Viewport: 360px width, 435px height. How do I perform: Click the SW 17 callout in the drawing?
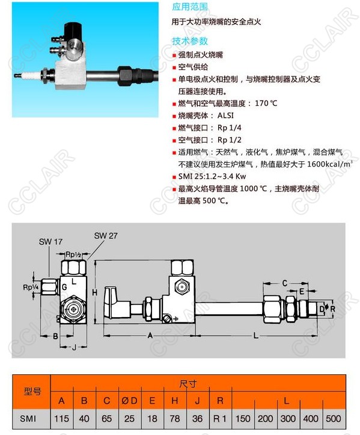tap(50, 242)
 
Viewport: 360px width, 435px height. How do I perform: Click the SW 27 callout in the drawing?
tap(106, 236)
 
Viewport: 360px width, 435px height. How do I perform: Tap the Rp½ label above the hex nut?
tap(73, 254)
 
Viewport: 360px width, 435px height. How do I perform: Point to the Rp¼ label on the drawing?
tap(31, 288)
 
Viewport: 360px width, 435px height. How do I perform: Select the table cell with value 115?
tap(61, 418)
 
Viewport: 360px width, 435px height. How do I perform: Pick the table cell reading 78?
tap(175, 418)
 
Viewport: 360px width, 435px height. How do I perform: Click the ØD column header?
tap(129, 401)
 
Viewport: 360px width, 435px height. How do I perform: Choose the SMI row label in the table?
tap(28, 418)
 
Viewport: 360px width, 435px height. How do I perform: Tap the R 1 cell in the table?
tap(220, 418)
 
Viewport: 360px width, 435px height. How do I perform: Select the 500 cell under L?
tap(333, 418)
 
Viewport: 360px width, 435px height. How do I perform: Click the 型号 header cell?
tap(32, 392)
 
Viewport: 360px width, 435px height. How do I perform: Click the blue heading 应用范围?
tap(189, 7)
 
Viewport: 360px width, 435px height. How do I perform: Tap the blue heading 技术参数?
tap(189, 41)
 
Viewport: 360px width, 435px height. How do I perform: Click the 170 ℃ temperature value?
tap(266, 103)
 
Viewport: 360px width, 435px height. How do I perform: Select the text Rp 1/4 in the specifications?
tap(229, 128)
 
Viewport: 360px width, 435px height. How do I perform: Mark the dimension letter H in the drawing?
tap(95, 292)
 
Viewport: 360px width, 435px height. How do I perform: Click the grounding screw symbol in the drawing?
tap(167, 319)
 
